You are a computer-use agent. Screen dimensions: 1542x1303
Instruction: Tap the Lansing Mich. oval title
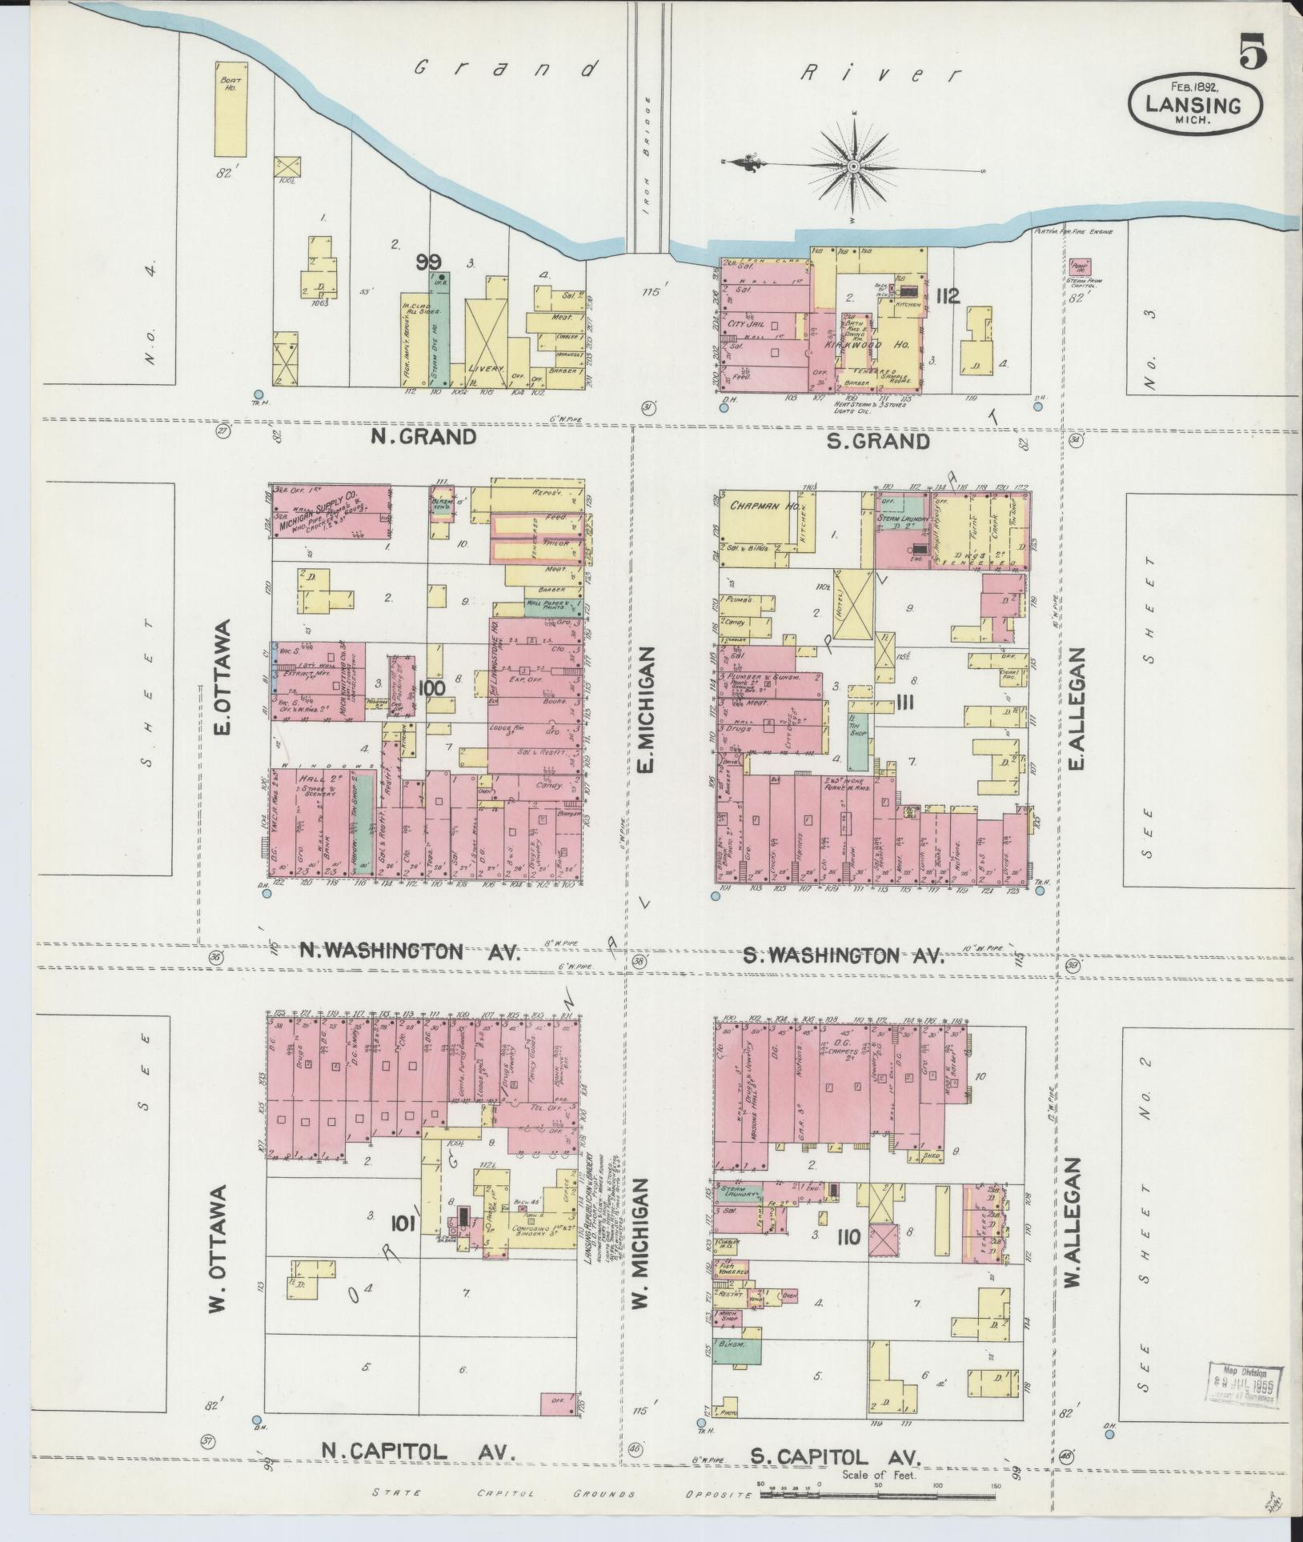tap(1195, 105)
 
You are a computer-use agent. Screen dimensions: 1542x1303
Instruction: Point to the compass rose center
tap(853, 166)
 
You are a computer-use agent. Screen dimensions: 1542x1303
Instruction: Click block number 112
tap(947, 298)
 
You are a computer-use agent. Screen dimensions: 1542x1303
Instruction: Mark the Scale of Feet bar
tap(879, 1492)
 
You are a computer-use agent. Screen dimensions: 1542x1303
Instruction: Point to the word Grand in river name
tap(505, 70)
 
